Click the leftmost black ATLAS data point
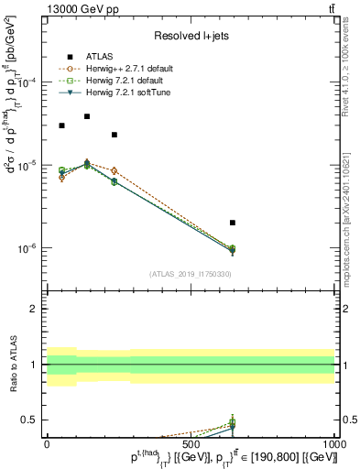click(61, 125)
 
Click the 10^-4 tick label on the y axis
click(27, 82)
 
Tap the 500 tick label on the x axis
click(191, 445)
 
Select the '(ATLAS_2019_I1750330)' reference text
click(190, 273)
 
